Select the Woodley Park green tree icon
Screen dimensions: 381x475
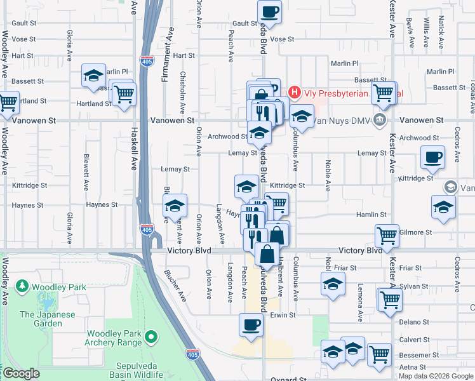23,287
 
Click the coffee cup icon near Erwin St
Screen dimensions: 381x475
251,324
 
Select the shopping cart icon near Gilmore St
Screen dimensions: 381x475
387,236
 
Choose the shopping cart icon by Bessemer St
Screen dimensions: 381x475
379,354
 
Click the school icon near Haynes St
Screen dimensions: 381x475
175,205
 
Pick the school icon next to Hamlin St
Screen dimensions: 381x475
443,206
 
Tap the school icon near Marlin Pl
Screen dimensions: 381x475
93,75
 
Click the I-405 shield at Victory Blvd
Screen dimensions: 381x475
147,229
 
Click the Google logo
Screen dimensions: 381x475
22,374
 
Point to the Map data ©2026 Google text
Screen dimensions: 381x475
435,376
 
